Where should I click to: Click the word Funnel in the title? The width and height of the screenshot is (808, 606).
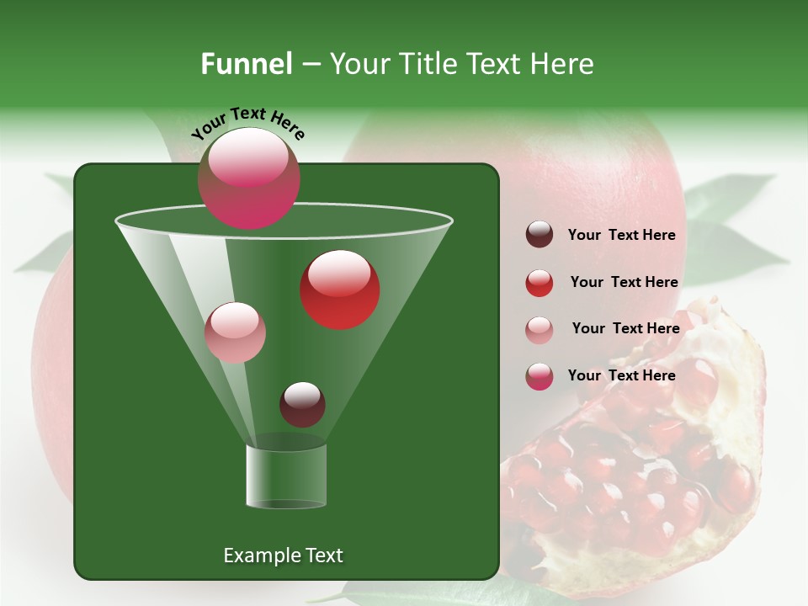(246, 64)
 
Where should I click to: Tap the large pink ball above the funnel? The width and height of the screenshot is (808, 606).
(249, 178)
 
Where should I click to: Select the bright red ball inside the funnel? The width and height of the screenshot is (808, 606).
(340, 290)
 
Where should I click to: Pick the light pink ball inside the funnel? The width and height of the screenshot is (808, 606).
(236, 332)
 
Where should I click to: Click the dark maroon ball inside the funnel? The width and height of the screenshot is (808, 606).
(302, 404)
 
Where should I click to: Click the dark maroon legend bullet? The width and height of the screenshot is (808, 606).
(540, 235)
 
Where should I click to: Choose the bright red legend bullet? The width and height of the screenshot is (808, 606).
(540, 283)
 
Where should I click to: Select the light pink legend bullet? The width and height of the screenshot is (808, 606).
(540, 329)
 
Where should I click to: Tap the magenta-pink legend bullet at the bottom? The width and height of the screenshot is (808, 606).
(540, 376)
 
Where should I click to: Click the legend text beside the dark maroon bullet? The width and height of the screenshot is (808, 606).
(621, 235)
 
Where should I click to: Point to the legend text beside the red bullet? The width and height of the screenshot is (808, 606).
(624, 282)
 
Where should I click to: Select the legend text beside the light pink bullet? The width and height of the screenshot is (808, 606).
(625, 328)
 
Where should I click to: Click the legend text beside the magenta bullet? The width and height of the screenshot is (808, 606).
(621, 375)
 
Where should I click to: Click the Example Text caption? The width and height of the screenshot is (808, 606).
(283, 555)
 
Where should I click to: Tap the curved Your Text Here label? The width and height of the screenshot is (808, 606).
(247, 122)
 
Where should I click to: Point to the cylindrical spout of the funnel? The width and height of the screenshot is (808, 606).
(286, 476)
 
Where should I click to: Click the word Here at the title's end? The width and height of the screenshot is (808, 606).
(564, 64)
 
